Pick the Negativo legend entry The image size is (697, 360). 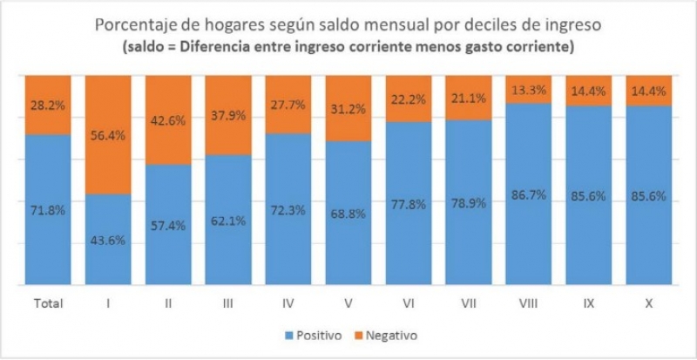(x=389, y=335)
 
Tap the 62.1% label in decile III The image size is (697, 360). (x=228, y=221)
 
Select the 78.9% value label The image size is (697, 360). (x=468, y=203)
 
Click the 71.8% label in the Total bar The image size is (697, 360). (x=48, y=209)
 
